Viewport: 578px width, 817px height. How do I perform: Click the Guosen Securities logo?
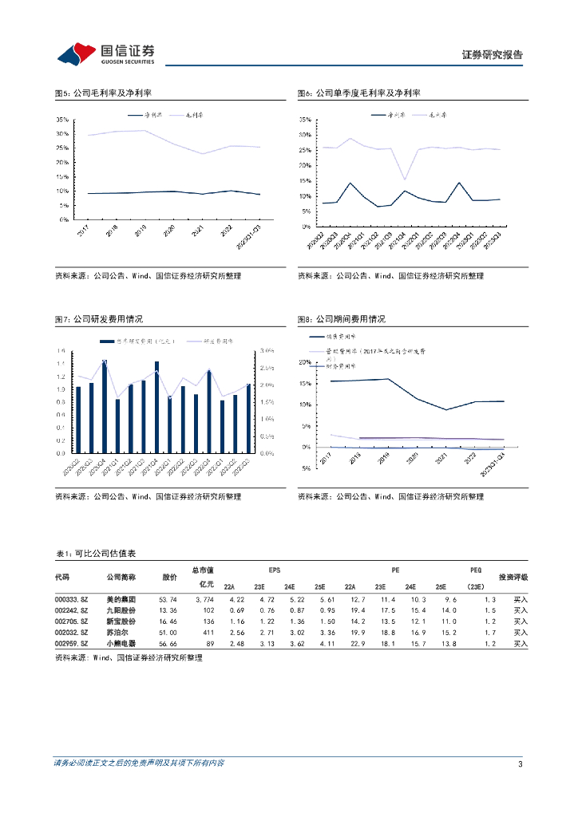click(105, 53)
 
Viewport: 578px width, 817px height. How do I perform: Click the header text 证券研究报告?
click(493, 55)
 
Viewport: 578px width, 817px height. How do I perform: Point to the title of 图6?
click(358, 93)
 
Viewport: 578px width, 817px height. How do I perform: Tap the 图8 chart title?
click(341, 319)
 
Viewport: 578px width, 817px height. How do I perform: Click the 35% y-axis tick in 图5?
click(62, 120)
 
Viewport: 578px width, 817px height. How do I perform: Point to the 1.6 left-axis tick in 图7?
click(61, 351)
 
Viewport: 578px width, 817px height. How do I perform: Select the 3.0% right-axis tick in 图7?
click(266, 351)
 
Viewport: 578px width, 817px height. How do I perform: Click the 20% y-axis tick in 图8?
click(304, 362)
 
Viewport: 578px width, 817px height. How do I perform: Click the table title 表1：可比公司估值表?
click(95, 554)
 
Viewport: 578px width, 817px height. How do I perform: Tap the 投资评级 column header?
click(513, 577)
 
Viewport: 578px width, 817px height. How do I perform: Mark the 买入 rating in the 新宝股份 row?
click(521, 620)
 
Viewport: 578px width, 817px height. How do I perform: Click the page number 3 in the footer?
click(521, 764)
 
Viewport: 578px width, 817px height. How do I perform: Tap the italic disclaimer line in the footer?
click(139, 764)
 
